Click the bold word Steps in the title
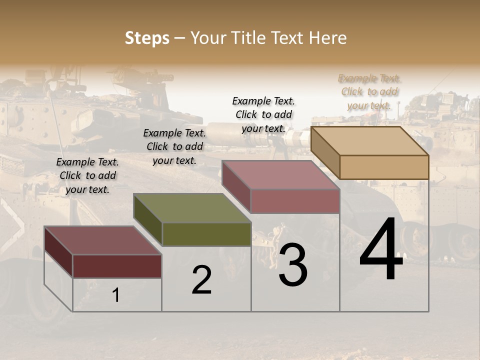click(147, 38)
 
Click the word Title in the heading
click(247, 38)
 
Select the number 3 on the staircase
click(293, 265)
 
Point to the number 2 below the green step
click(201, 280)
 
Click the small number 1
click(115, 295)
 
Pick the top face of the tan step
click(370, 141)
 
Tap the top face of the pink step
click(280, 175)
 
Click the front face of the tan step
click(384, 167)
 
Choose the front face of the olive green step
click(206, 234)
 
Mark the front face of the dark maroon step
click(117, 266)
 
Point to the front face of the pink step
click(295, 201)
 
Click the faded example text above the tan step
click(369, 92)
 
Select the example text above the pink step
click(263, 115)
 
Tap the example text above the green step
click(174, 146)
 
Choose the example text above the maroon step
click(87, 175)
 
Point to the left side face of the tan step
click(325, 152)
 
